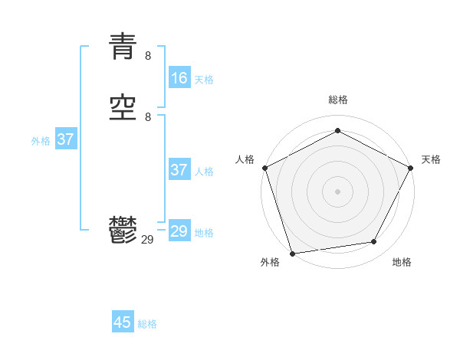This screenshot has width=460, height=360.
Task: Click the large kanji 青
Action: (x=123, y=47)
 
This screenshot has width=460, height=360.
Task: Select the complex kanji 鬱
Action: (x=123, y=229)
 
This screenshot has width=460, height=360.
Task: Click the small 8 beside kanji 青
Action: (x=148, y=56)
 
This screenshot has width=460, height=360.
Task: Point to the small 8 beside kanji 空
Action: (x=148, y=116)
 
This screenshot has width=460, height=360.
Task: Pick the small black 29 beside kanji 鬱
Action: (x=148, y=240)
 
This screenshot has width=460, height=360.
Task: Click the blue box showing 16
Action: (x=179, y=78)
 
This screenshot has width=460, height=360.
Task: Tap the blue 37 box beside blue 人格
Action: (x=179, y=170)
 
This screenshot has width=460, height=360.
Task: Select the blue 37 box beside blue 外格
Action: (x=66, y=139)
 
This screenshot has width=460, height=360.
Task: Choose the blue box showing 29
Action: (x=179, y=231)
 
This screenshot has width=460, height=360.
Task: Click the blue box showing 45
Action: (x=123, y=322)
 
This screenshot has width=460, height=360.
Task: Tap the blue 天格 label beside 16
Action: (x=204, y=80)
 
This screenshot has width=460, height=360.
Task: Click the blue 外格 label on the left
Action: (x=41, y=141)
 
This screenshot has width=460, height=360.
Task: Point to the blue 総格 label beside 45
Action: (x=147, y=324)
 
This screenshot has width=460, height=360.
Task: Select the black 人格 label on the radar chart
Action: (x=245, y=159)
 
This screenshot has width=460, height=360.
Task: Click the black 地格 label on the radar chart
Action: (x=402, y=263)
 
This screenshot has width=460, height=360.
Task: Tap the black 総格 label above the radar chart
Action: (x=337, y=100)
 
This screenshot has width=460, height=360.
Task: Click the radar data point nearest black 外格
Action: (x=292, y=253)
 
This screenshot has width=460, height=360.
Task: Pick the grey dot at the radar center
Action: (x=337, y=191)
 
